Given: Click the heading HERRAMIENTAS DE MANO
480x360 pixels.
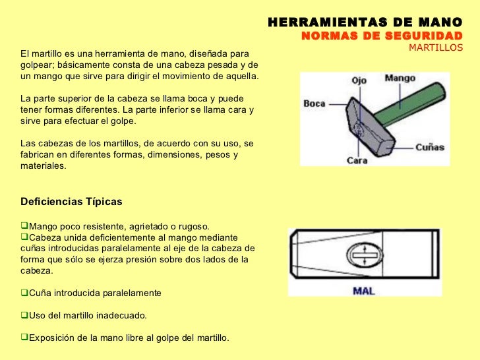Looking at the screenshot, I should [365, 22].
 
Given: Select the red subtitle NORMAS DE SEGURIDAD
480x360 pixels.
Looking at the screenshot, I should [382, 36].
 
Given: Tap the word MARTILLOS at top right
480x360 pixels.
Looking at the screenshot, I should [436, 48].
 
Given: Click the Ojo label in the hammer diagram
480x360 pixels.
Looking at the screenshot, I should [359, 80].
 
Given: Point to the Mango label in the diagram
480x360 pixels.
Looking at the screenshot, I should [400, 78].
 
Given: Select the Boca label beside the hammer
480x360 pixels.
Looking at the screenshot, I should [315, 104].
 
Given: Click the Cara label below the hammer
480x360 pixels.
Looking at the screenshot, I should [357, 160].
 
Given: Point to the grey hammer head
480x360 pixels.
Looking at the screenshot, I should [367, 132].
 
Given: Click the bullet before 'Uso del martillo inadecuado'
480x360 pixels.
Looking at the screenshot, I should [25, 314].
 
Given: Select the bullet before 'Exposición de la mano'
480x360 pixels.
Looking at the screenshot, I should [25, 338].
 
